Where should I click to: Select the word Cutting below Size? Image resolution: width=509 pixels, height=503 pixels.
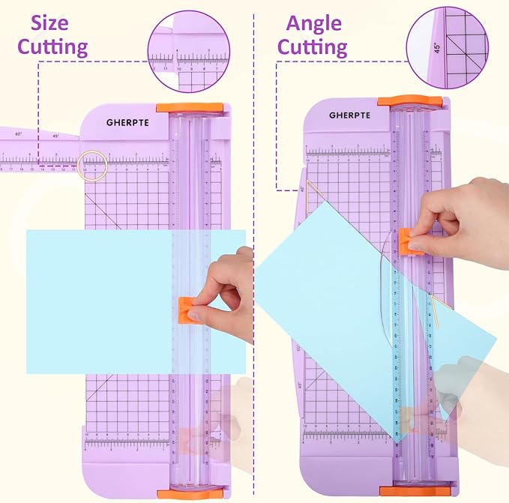[x=53, y=47]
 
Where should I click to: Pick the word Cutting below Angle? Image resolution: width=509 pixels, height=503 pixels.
[x=313, y=47]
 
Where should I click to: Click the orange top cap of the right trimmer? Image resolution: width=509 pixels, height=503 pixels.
[x=409, y=100]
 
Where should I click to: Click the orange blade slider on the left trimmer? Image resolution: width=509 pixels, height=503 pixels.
[x=186, y=309]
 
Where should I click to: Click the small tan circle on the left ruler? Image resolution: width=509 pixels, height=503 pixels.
[x=94, y=164]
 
